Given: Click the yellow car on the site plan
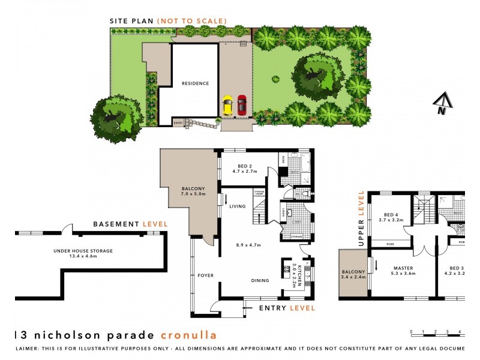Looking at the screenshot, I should click(x=227, y=106).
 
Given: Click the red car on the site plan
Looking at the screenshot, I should click(x=242, y=105).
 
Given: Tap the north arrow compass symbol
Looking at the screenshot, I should click(x=442, y=104).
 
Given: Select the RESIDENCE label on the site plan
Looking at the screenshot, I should click(x=195, y=83).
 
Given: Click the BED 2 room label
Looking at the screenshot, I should click(x=244, y=165).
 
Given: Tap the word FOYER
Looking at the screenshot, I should click(x=206, y=275).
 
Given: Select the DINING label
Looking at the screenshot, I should click(x=260, y=280).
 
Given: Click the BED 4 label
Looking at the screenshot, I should click(x=391, y=214).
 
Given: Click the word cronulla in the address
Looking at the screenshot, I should click(x=189, y=335).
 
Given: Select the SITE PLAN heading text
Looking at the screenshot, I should click(x=131, y=21).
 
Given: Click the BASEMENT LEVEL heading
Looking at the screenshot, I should click(x=130, y=224).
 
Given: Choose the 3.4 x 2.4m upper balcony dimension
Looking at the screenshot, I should click(x=353, y=278).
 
